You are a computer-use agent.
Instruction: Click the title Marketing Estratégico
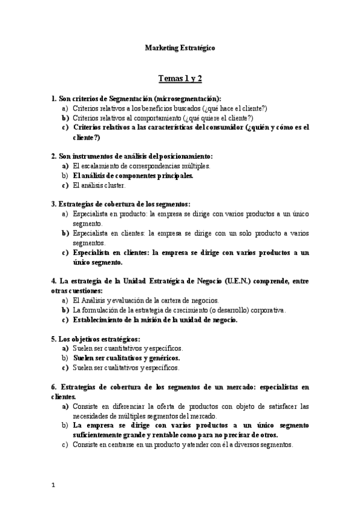coord(180,48)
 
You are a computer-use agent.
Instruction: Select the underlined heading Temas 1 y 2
coord(180,78)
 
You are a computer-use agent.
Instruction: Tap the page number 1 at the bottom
coord(53,485)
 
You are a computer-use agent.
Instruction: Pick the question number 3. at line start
coord(53,204)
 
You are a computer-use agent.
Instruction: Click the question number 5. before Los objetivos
coord(53,339)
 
